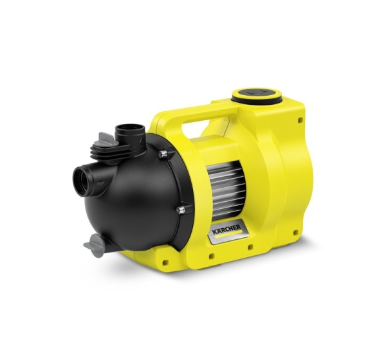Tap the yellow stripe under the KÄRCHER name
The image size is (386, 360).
coord(228,234)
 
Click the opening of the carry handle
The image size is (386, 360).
coord(205,125)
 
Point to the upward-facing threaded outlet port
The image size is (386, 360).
coord(130,132)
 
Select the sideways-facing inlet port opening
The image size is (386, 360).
coord(82,180)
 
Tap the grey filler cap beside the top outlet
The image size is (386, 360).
coord(106,139)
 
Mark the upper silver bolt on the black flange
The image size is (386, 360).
coord(163,154)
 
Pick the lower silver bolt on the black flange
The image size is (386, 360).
coord(181,210)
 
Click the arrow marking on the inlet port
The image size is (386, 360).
coord(100,183)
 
